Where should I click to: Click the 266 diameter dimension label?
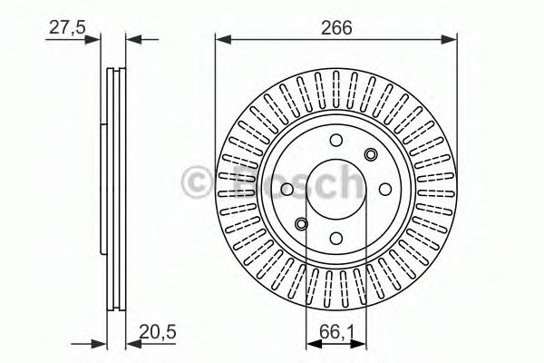click(x=335, y=27)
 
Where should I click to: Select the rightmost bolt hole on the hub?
click(x=387, y=188)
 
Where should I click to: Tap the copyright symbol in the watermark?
click(x=198, y=182)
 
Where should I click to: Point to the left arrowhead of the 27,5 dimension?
click(x=93, y=39)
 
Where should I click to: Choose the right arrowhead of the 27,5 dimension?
click(x=132, y=39)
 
